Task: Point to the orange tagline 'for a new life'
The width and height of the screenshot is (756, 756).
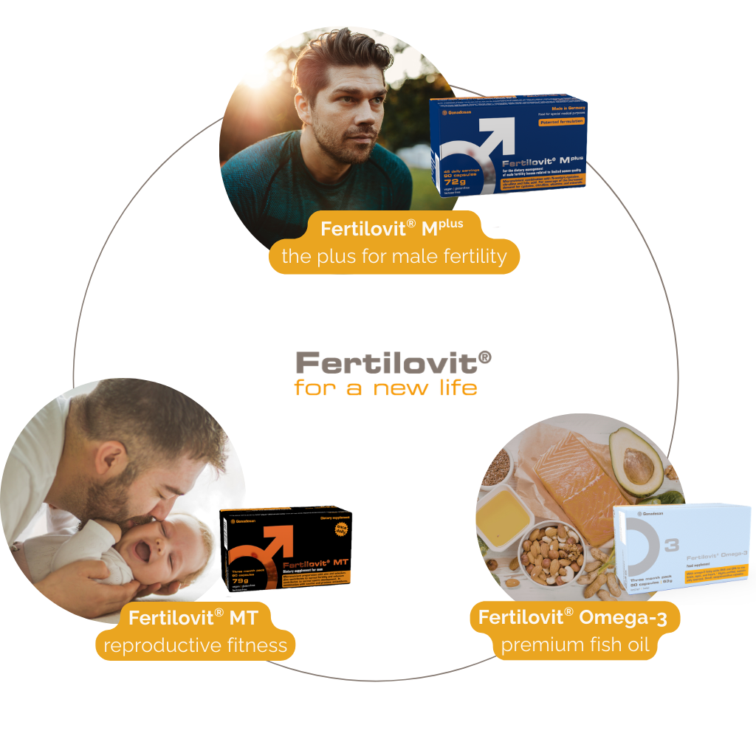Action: click(385, 388)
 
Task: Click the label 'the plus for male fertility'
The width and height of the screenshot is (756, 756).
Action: click(394, 258)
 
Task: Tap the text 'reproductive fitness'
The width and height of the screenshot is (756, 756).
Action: click(195, 646)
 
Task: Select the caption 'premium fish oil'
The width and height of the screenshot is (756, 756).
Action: click(575, 645)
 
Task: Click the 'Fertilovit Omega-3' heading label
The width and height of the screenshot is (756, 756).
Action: click(572, 617)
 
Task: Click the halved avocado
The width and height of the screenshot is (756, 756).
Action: click(636, 461)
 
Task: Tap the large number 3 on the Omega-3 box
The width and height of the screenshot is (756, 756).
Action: click(672, 546)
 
